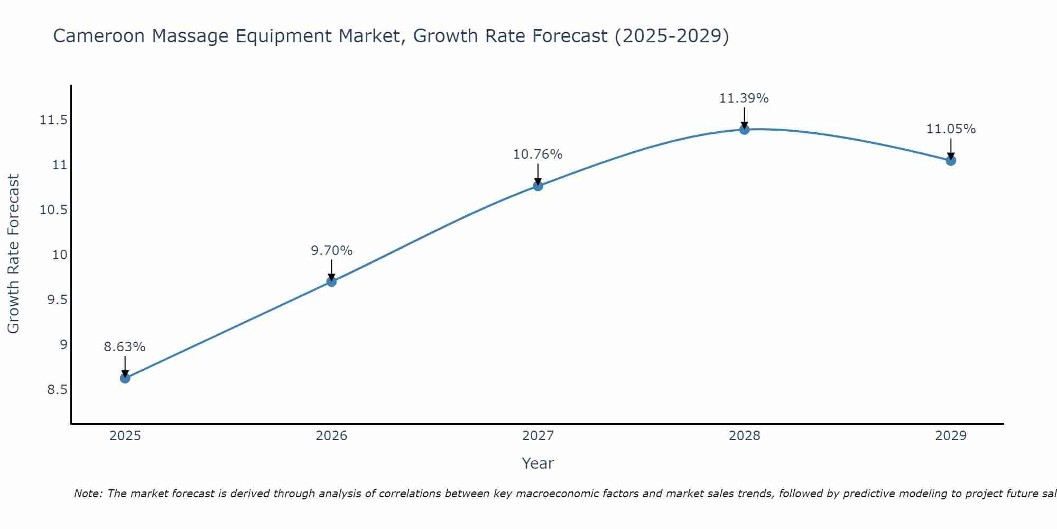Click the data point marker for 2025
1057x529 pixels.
[125, 378]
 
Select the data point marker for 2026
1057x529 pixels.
[331, 281]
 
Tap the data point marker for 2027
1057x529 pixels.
[538, 186]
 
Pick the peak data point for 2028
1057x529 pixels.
[744, 129]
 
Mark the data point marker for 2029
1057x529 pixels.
[951, 160]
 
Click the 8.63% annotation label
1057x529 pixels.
[125, 347]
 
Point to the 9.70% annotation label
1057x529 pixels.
[331, 250]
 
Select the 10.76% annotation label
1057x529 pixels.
[538, 154]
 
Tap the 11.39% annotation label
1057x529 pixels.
[744, 98]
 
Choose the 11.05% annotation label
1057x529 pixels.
[951, 129]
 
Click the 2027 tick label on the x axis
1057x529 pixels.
[538, 436]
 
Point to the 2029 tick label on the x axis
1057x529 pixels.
[951, 436]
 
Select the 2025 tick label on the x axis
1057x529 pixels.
[125, 436]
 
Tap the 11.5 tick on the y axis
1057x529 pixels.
[53, 120]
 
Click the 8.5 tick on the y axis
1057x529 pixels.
[57, 390]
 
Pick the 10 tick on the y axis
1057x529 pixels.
[60, 255]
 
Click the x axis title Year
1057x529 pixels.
[537, 463]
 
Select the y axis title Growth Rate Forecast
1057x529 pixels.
[13, 254]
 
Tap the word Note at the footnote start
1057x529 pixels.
[87, 494]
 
